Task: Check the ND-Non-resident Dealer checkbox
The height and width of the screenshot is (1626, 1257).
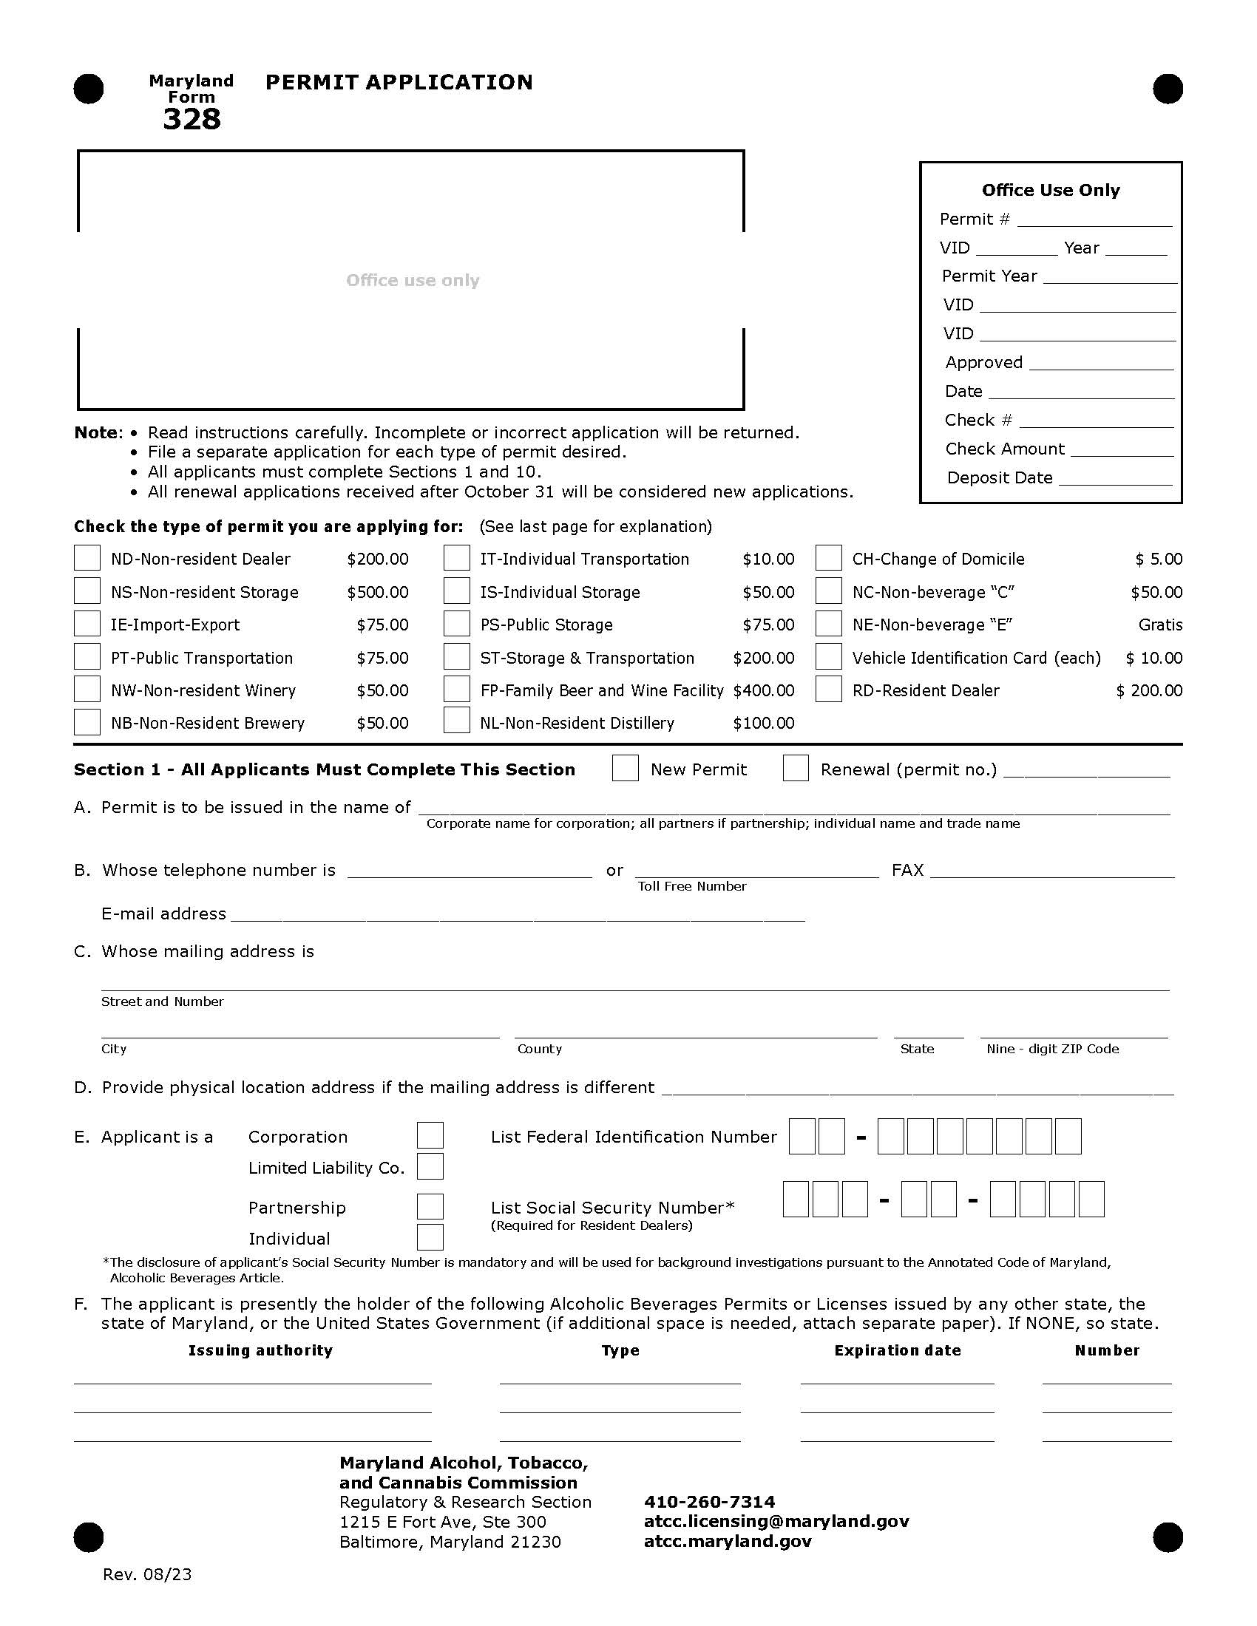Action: pos(87,557)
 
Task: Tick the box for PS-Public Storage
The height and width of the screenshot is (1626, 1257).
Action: pos(456,623)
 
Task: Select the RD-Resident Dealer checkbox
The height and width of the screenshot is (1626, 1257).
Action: pos(828,689)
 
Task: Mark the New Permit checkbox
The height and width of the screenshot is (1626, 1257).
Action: pos(625,769)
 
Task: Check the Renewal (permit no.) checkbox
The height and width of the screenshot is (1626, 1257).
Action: pos(796,769)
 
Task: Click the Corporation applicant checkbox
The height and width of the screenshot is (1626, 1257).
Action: pos(430,1135)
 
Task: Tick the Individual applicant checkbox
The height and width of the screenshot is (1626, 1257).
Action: pos(430,1237)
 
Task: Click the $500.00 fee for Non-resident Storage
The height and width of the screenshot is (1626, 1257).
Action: pos(378,592)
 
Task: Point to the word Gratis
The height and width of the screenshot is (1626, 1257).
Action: pos(1160,625)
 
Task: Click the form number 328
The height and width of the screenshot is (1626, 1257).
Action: pos(192,119)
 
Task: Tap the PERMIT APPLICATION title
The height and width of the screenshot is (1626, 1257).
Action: pos(399,82)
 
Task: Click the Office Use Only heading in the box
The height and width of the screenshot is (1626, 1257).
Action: pos(1050,190)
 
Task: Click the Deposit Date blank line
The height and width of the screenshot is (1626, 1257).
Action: pos(1115,480)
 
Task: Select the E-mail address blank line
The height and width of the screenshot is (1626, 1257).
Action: pos(518,916)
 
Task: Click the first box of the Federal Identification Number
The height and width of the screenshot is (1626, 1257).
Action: pos(802,1136)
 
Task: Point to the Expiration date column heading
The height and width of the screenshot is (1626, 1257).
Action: pos(898,1350)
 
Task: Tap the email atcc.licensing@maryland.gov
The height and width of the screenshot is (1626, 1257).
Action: pos(776,1521)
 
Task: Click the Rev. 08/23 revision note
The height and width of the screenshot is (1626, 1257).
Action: pos(146,1574)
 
